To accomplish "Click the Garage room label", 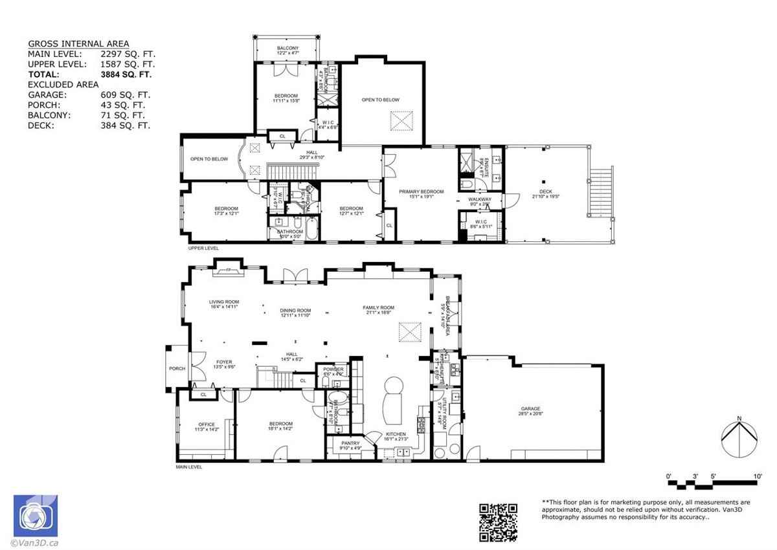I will click(530, 409).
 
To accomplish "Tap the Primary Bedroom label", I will click(421, 192).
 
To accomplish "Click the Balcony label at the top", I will click(287, 49).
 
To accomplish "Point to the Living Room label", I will click(224, 302).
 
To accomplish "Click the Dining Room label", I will click(295, 311).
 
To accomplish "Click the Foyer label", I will click(223, 362).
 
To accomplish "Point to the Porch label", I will click(177, 368).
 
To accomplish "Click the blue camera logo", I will click(35, 516).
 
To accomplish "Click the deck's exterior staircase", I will click(602, 192).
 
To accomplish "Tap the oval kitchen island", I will click(393, 398).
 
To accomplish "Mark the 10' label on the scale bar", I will click(757, 476).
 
